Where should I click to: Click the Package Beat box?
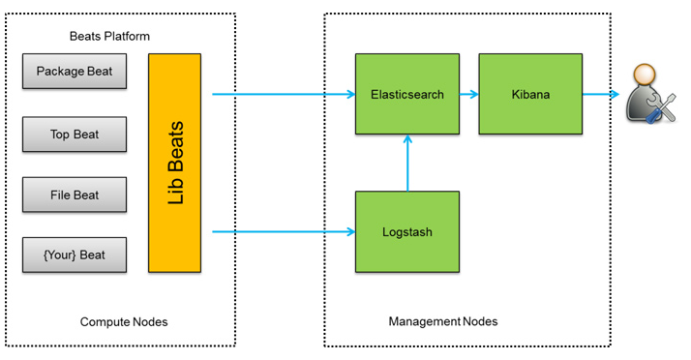coord(75,72)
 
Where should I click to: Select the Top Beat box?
coord(75,135)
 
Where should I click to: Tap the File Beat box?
coord(75,195)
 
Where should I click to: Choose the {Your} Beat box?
coord(75,255)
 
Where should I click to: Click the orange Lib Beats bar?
coord(175,163)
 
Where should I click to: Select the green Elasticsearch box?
coord(407,94)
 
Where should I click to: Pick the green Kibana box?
coord(530,94)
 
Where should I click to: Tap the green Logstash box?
coord(407,231)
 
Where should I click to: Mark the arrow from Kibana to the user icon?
coord(601,95)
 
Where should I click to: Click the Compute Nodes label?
coord(123,321)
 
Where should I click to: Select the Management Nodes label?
coord(443,321)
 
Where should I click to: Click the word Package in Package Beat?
coord(60,72)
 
